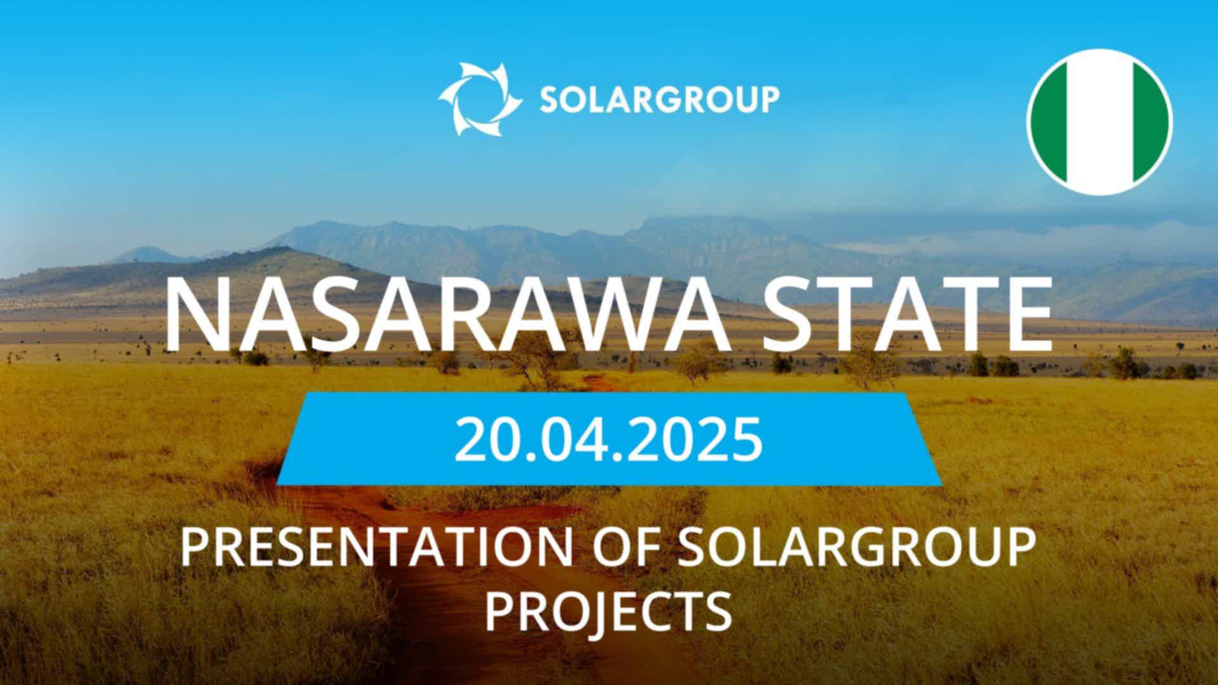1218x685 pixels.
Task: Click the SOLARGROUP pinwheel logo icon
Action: (x=480, y=99)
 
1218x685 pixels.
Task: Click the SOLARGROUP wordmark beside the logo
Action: (x=660, y=100)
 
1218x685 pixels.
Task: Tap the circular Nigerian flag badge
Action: (x=1099, y=122)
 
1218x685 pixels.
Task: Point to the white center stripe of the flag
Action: (x=1099, y=122)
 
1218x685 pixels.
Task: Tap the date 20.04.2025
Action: (x=608, y=439)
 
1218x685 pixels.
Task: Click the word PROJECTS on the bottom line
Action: (x=609, y=610)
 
